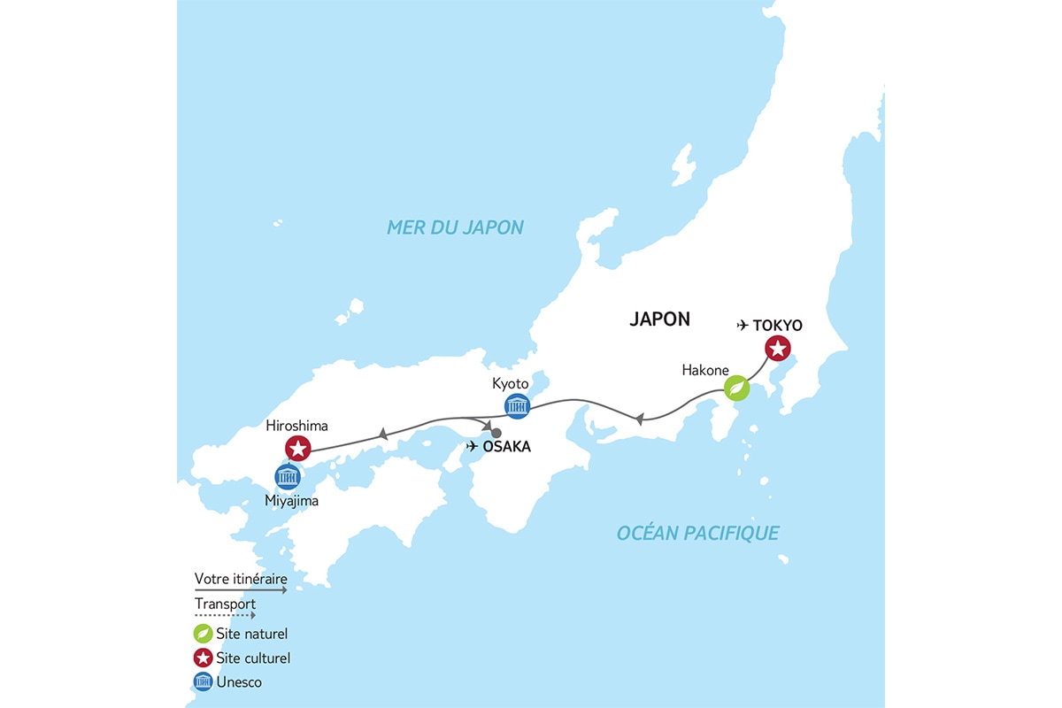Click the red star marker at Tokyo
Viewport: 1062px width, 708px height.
[777, 349]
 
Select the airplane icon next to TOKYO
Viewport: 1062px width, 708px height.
[743, 326]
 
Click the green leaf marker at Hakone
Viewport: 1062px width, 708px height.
[736, 389]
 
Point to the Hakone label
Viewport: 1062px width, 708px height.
[705, 369]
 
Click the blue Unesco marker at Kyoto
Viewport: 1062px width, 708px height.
[517, 406]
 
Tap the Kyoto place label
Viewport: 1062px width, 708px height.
[510, 384]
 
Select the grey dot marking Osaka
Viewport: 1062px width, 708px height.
[496, 433]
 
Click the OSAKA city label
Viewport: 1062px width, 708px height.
[507, 447]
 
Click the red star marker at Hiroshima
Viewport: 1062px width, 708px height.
[298, 448]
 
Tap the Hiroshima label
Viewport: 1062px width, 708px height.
[296, 426]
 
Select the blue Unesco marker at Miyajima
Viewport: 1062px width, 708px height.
[287, 477]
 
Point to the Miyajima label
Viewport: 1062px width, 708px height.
[291, 501]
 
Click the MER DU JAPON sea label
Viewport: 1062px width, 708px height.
[455, 227]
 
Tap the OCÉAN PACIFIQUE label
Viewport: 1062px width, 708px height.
[697, 533]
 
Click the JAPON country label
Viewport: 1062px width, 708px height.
[659, 319]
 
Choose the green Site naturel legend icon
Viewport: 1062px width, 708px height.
[203, 634]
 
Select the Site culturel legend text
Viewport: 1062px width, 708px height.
[253, 658]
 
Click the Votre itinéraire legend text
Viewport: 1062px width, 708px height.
[240, 580]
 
